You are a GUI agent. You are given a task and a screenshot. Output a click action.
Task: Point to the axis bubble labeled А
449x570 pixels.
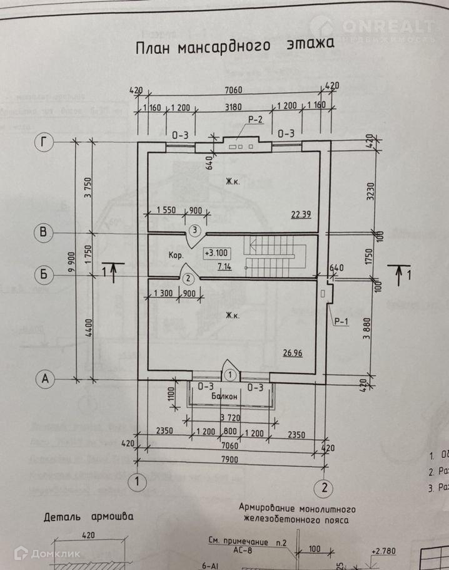click(44, 378)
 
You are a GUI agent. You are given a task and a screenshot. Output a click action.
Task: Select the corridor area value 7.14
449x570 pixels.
click(223, 267)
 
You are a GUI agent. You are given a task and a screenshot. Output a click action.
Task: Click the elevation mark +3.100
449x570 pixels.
click(216, 254)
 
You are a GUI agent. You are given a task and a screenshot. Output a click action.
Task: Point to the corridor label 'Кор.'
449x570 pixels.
click(176, 256)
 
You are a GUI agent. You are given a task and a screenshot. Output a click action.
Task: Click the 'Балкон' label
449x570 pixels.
click(224, 396)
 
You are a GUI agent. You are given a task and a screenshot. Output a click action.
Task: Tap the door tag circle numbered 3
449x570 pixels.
click(194, 231)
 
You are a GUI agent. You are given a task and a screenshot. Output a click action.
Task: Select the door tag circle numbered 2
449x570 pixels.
click(186, 278)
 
